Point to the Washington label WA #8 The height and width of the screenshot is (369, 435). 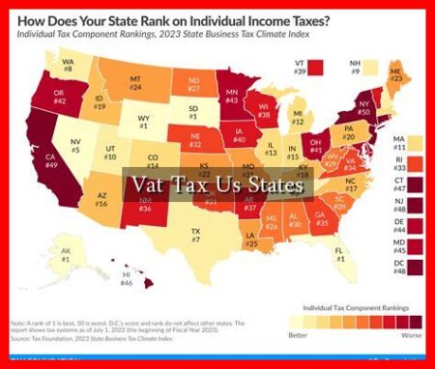(x=69, y=68)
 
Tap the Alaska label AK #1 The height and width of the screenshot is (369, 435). (x=40, y=256)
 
